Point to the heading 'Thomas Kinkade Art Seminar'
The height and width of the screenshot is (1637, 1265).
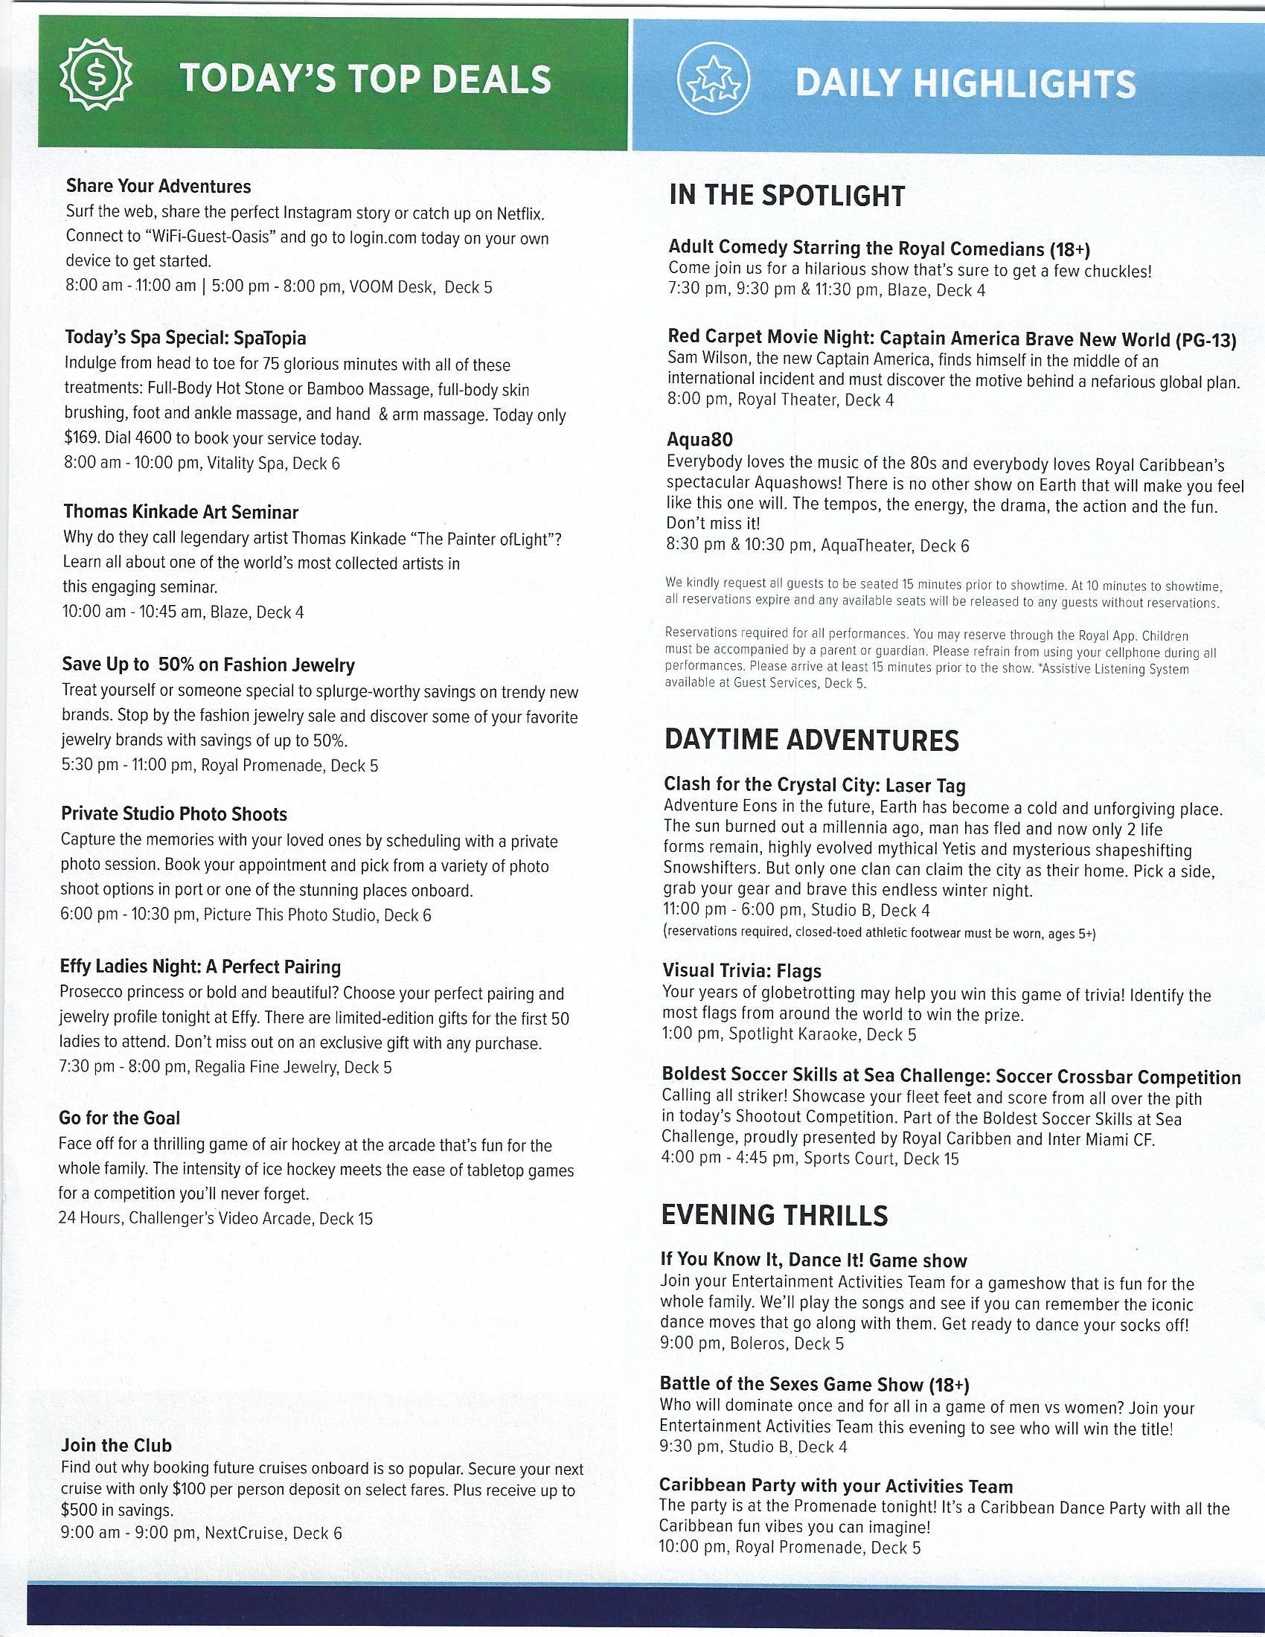click(181, 512)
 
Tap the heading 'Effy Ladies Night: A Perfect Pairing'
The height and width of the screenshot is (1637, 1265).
click(200, 967)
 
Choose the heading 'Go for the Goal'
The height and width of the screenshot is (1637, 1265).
click(119, 1118)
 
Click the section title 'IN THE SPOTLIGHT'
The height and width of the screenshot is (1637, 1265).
click(787, 196)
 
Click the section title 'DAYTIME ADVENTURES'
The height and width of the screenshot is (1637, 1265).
click(812, 741)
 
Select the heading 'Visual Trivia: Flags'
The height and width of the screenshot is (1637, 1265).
click(742, 971)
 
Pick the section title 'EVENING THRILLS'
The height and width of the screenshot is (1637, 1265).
click(774, 1215)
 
